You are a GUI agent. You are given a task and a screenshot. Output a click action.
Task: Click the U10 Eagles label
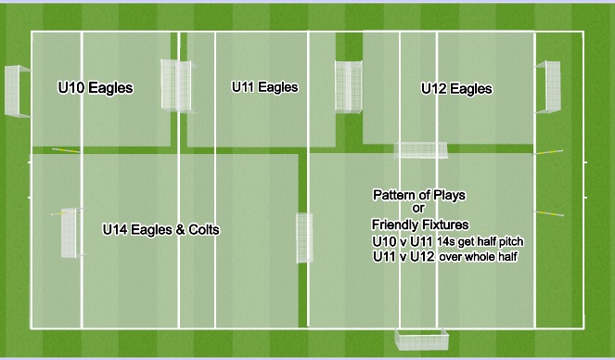click(95, 89)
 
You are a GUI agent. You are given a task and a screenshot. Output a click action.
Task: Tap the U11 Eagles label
click(264, 88)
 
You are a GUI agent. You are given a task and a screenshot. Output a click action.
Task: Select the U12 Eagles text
click(456, 90)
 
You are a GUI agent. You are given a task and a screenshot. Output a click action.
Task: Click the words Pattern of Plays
click(419, 196)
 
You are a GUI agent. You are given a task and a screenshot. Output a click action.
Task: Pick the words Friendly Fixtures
click(420, 225)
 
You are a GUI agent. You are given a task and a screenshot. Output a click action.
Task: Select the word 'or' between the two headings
click(417, 210)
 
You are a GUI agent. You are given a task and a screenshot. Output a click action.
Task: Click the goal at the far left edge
click(17, 91)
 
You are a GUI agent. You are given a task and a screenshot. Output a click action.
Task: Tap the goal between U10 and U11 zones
click(173, 84)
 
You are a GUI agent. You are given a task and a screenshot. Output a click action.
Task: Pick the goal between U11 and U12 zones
click(349, 87)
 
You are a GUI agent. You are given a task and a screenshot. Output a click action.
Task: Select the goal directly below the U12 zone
click(422, 150)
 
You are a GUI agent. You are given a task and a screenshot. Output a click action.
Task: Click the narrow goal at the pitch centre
click(304, 238)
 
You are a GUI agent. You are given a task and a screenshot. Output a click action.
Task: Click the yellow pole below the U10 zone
click(65, 150)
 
